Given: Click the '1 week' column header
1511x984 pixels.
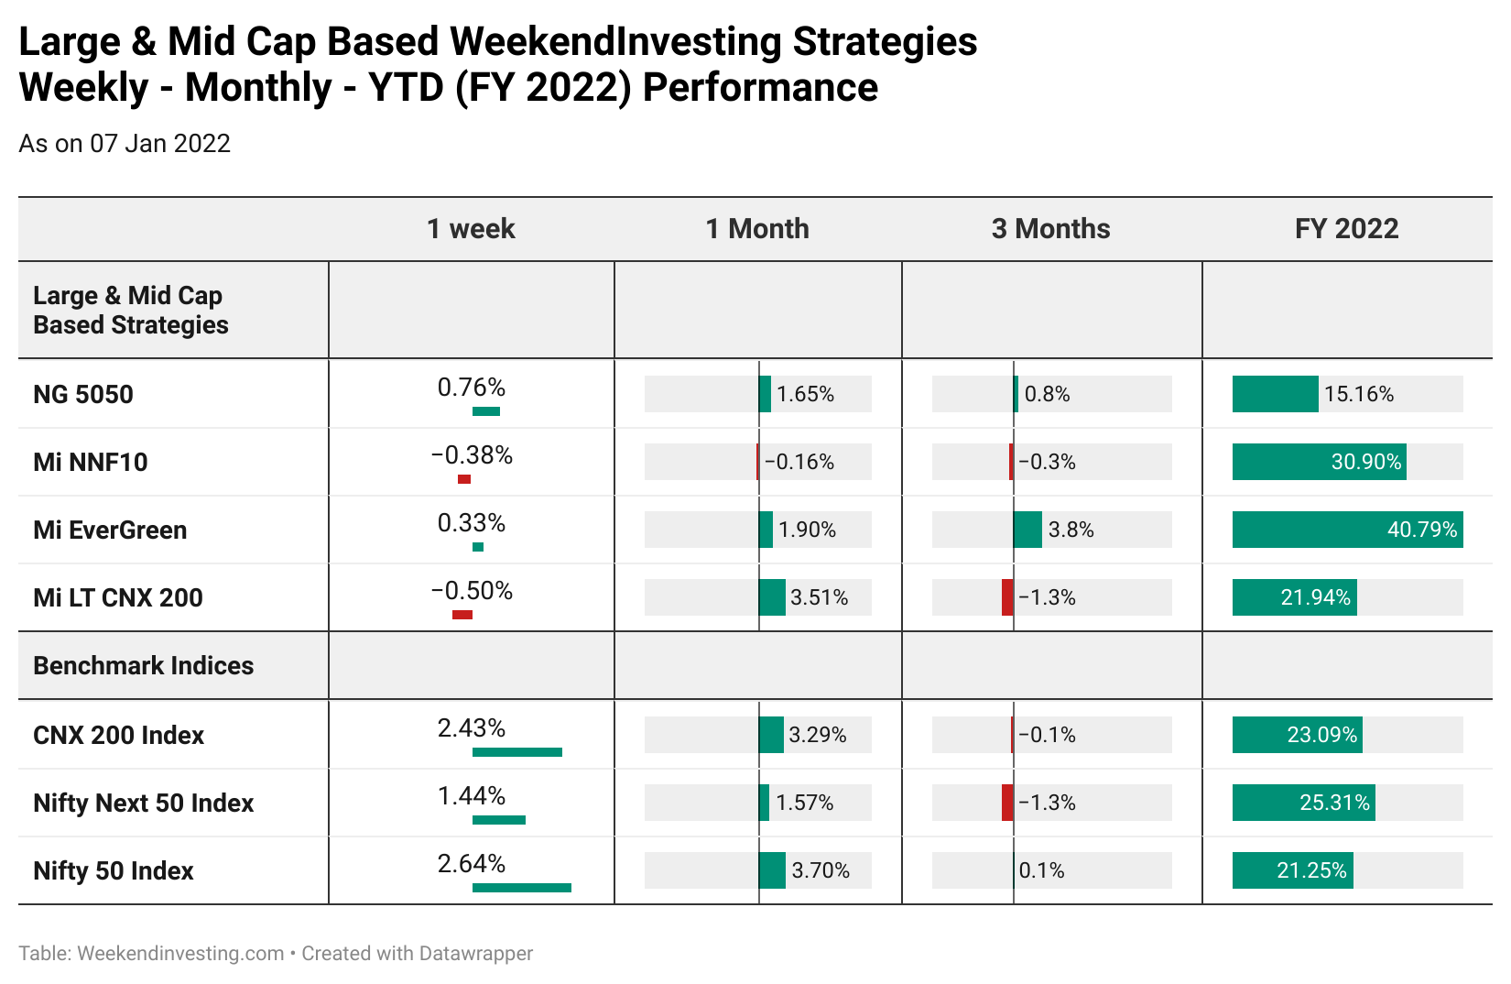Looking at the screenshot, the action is tap(471, 229).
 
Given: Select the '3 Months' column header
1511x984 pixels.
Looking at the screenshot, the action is tap(1050, 229).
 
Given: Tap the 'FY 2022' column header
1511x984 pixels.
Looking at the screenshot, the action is tap(1346, 229).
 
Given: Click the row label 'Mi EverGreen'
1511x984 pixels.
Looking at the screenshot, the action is tap(110, 530).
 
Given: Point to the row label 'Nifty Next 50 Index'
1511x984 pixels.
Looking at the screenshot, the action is tap(143, 803).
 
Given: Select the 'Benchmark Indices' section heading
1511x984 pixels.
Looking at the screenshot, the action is tap(143, 665).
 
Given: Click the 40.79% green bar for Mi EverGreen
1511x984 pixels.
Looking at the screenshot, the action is tap(1347, 530).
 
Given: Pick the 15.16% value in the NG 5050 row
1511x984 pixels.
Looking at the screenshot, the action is tap(1359, 393).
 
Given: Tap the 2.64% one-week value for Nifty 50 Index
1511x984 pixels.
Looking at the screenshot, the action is tap(471, 863).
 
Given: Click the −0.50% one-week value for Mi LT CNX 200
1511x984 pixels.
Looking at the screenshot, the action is tap(472, 591).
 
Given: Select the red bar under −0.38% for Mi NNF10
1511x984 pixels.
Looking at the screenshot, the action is tap(464, 479).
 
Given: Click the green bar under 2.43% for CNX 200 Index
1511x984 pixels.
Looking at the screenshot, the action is tap(516, 752).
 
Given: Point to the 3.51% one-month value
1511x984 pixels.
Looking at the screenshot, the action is tap(819, 597).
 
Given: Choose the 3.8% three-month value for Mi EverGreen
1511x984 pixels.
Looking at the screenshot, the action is tap(1071, 530).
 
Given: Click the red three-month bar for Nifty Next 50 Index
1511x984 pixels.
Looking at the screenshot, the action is tap(1007, 803).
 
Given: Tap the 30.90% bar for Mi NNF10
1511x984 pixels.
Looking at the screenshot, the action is tap(1319, 462).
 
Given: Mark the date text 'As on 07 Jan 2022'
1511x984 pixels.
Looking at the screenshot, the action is tap(125, 143).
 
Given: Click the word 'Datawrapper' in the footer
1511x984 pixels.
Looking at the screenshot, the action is tap(475, 953).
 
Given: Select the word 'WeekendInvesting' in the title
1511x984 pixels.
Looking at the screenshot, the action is tap(616, 42).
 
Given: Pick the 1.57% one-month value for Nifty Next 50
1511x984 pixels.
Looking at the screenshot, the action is tap(804, 803).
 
